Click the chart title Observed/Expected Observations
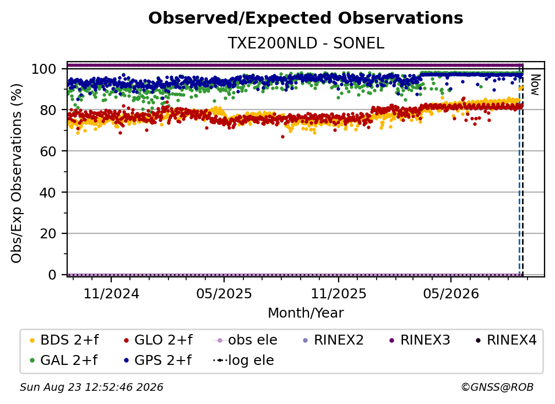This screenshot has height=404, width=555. [306, 18]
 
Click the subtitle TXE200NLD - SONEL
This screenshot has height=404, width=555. [306, 43]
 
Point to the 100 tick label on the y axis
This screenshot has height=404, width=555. [44, 69]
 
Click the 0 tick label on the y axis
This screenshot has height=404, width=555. [52, 275]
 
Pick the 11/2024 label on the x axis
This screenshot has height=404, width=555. [111, 294]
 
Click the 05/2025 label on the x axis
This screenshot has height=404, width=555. [224, 294]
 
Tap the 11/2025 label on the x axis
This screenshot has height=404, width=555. [339, 294]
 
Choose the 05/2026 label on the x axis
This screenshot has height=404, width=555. [451, 294]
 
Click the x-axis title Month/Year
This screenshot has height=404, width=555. [306, 313]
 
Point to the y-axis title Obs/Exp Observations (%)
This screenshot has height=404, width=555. [17, 173]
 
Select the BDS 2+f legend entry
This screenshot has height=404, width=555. [64, 340]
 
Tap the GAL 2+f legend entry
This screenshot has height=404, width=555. [63, 361]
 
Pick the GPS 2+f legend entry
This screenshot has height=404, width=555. [157, 361]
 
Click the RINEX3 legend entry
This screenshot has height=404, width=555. [420, 340]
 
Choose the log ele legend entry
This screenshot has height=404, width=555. [243, 361]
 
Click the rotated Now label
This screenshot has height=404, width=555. [535, 85]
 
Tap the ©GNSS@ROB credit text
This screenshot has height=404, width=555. [497, 387]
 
